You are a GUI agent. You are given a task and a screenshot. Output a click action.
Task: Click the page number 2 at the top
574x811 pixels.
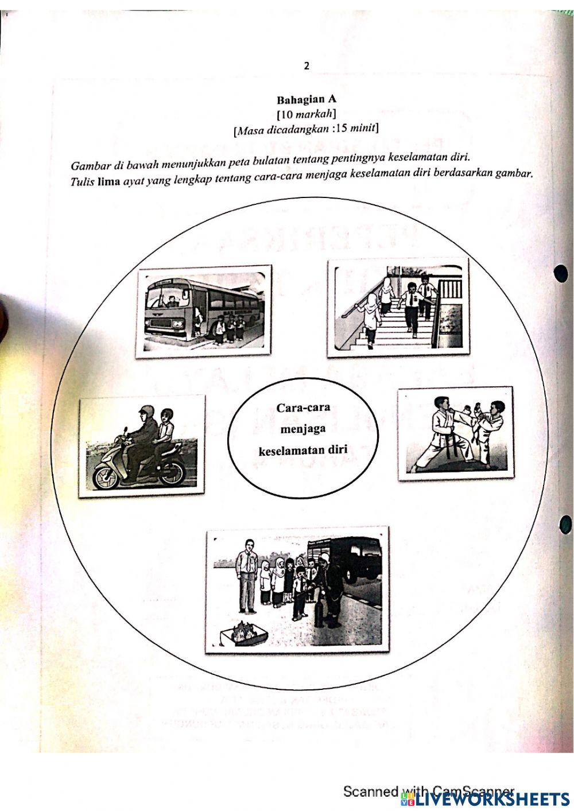(x=307, y=66)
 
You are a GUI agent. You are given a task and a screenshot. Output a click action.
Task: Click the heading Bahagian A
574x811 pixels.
(x=307, y=99)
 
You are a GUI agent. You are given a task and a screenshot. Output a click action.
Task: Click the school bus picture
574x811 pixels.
(x=204, y=311)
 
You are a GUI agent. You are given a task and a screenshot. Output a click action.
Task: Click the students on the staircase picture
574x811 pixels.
(x=398, y=305)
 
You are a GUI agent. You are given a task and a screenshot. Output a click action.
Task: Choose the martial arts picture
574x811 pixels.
(x=455, y=433)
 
